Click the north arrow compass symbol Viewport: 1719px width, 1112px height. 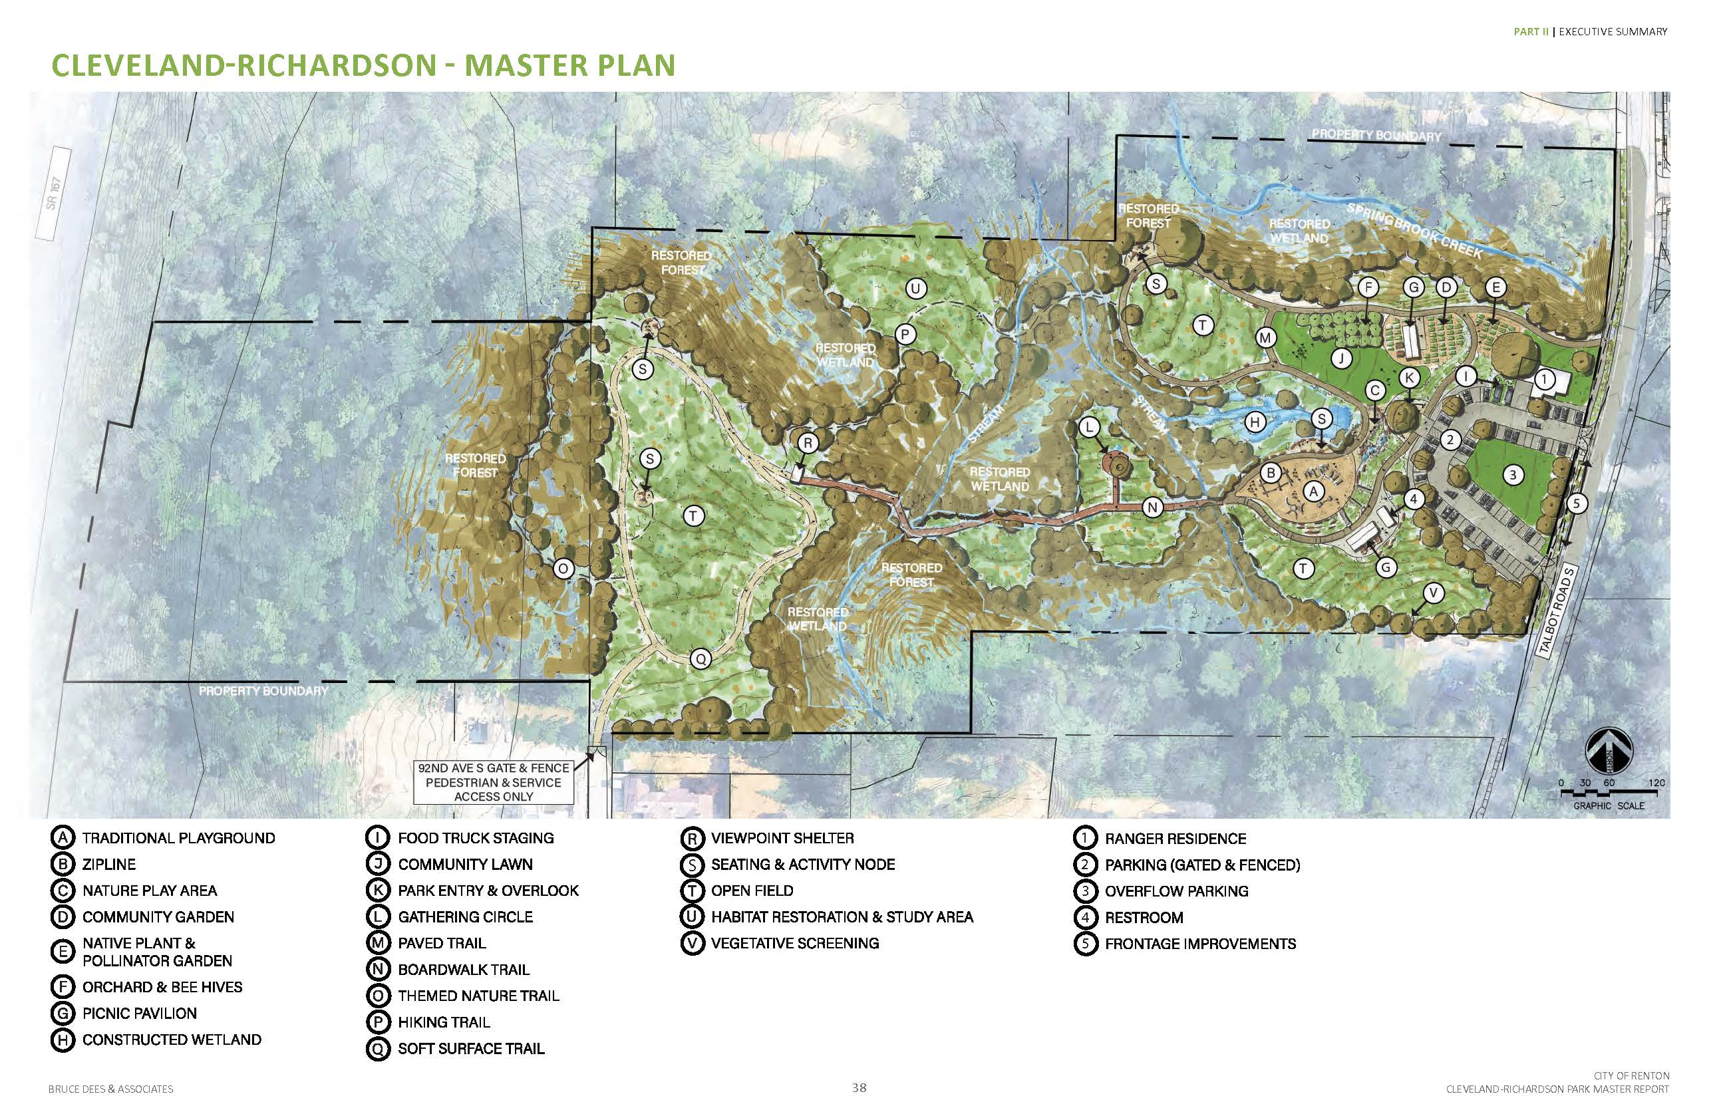coord(1609,751)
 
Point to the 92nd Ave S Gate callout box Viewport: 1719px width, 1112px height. coord(494,782)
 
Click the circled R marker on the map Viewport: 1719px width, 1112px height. coord(808,443)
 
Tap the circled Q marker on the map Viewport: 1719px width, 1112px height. coord(700,658)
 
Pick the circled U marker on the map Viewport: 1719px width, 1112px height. coord(916,289)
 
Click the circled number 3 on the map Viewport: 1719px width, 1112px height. coord(1512,475)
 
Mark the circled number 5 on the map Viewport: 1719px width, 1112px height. coord(1577,503)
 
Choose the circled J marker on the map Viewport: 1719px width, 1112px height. coord(1341,358)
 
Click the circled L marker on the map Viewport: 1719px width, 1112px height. coord(1089,428)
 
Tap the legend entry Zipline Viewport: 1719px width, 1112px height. coord(108,865)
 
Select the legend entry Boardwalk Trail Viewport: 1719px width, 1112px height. coord(463,970)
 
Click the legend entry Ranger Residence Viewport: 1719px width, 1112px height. coord(1174,839)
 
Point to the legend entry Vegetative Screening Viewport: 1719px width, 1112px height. coord(794,944)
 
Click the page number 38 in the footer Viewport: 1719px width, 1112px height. coord(859,1088)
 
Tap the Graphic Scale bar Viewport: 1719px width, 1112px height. coord(1609,793)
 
